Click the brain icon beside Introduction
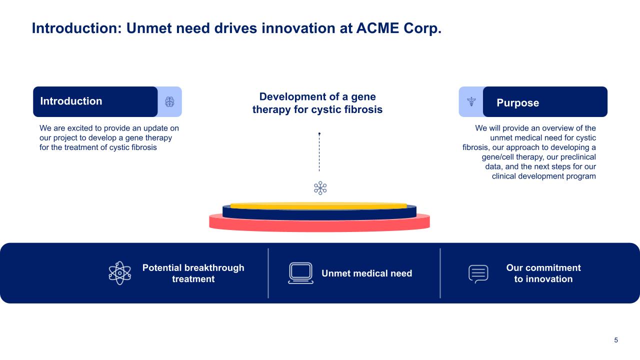169,102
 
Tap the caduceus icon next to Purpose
471,102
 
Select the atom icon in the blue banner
120,273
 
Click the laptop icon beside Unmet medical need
300,273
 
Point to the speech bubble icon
478,273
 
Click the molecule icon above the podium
320,188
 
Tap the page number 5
616,340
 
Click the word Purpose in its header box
517,103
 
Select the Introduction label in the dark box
71,101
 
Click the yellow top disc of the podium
318,205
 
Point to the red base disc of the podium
319,224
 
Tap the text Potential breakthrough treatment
193,273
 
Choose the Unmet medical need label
366,273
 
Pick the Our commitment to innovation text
543,273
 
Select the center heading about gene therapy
317,103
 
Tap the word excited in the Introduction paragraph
78,128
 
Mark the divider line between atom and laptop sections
268,273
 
